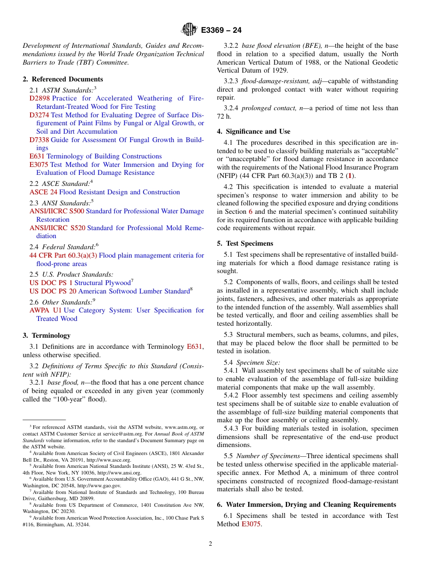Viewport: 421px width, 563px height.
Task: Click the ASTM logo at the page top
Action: pos(189,30)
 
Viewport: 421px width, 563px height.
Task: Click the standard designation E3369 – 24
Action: pos(221,31)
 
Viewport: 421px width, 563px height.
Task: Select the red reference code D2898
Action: pos(39,98)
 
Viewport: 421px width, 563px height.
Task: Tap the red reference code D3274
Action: pos(39,115)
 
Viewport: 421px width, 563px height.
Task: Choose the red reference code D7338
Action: pos(39,140)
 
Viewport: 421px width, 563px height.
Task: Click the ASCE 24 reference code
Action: pos(43,192)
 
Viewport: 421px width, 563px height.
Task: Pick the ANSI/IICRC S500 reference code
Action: pos(57,211)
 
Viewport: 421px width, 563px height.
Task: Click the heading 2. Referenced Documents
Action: pos(62,79)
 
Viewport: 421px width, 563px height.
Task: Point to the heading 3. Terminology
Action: pos(47,335)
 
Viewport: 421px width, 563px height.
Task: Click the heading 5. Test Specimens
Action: pos(245,243)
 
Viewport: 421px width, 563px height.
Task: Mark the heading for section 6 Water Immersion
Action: pos(306,505)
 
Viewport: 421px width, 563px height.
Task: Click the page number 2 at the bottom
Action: pos(210,544)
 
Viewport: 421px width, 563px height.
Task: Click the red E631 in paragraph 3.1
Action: pos(194,347)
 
